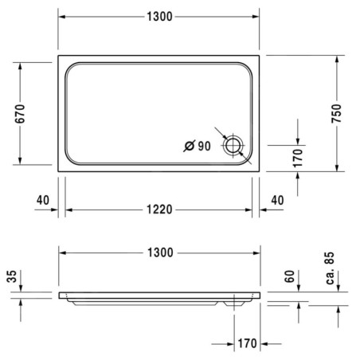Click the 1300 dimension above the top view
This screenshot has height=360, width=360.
tap(159, 17)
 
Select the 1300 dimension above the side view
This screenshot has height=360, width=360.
tap(160, 252)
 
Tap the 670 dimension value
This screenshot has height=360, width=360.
tap(20, 114)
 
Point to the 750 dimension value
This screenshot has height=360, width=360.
tap(336, 114)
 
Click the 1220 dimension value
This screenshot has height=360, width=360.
tap(159, 209)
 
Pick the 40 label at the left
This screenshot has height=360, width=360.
tap(43, 200)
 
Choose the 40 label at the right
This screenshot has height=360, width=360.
tap(277, 200)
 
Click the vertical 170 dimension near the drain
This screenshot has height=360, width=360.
tap(298, 158)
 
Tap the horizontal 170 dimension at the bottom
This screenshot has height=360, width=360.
tap(247, 343)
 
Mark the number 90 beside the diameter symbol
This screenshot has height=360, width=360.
tap(204, 146)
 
